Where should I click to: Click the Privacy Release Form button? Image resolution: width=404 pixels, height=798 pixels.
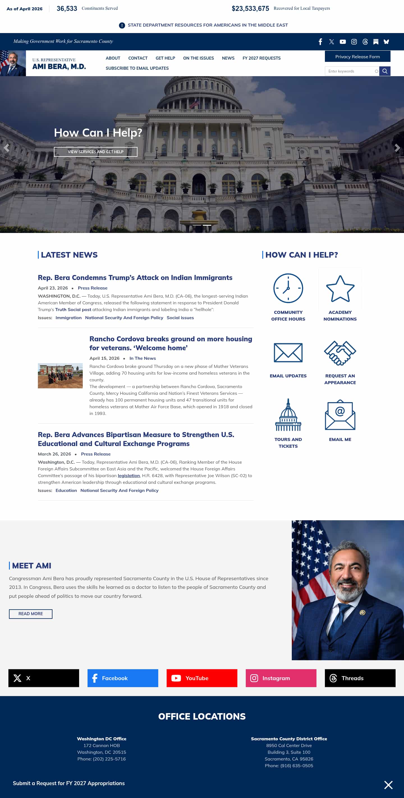(x=357, y=57)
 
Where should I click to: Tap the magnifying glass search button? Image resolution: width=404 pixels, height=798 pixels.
(x=384, y=71)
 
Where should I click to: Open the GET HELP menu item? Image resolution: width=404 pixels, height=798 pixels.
(x=165, y=58)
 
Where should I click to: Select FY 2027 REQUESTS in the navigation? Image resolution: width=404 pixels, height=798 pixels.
(x=261, y=58)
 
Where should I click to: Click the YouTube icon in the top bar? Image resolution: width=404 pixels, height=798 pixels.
(x=343, y=42)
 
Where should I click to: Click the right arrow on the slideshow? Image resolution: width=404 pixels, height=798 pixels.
(x=397, y=148)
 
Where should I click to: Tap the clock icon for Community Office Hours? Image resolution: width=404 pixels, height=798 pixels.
(x=288, y=288)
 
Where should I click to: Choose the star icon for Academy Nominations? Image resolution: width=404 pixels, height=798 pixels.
(x=340, y=289)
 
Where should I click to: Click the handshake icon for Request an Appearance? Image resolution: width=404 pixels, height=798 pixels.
(x=340, y=353)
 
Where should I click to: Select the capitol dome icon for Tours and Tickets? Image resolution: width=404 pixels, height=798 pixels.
(x=288, y=415)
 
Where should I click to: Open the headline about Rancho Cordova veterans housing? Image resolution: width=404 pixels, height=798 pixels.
(x=171, y=343)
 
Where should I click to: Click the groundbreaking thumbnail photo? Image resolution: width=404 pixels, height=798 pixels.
(x=60, y=376)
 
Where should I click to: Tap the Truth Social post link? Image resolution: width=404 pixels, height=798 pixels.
(x=73, y=309)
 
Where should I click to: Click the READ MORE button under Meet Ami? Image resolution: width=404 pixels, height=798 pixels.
(x=31, y=614)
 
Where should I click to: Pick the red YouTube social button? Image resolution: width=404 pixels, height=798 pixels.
(x=202, y=678)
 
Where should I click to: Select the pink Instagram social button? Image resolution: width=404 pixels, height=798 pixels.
(x=281, y=678)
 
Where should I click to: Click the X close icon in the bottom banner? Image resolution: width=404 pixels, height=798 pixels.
(x=388, y=785)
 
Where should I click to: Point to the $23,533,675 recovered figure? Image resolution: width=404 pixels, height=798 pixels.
(x=250, y=9)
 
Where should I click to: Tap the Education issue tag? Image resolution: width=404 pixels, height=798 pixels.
(x=66, y=490)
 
